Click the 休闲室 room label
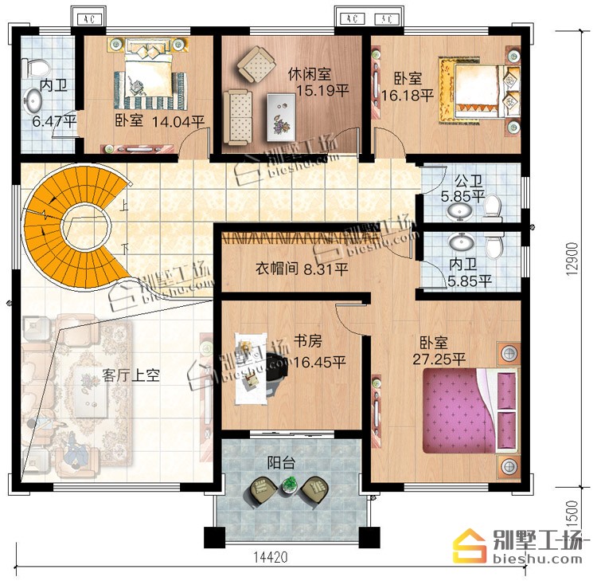(x=309, y=74)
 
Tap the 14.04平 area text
(x=178, y=122)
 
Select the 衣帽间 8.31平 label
(x=302, y=269)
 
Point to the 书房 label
(x=307, y=341)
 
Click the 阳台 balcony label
(x=281, y=463)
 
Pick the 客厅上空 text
(x=131, y=376)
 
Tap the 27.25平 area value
(x=439, y=359)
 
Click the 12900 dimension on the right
(x=572, y=259)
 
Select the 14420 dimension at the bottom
(x=271, y=557)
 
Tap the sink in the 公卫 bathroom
(x=459, y=212)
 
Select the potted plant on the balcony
(x=291, y=484)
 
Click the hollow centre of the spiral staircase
(x=86, y=227)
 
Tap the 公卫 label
(x=469, y=181)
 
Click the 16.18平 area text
(x=407, y=96)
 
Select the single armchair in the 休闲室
(x=256, y=65)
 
